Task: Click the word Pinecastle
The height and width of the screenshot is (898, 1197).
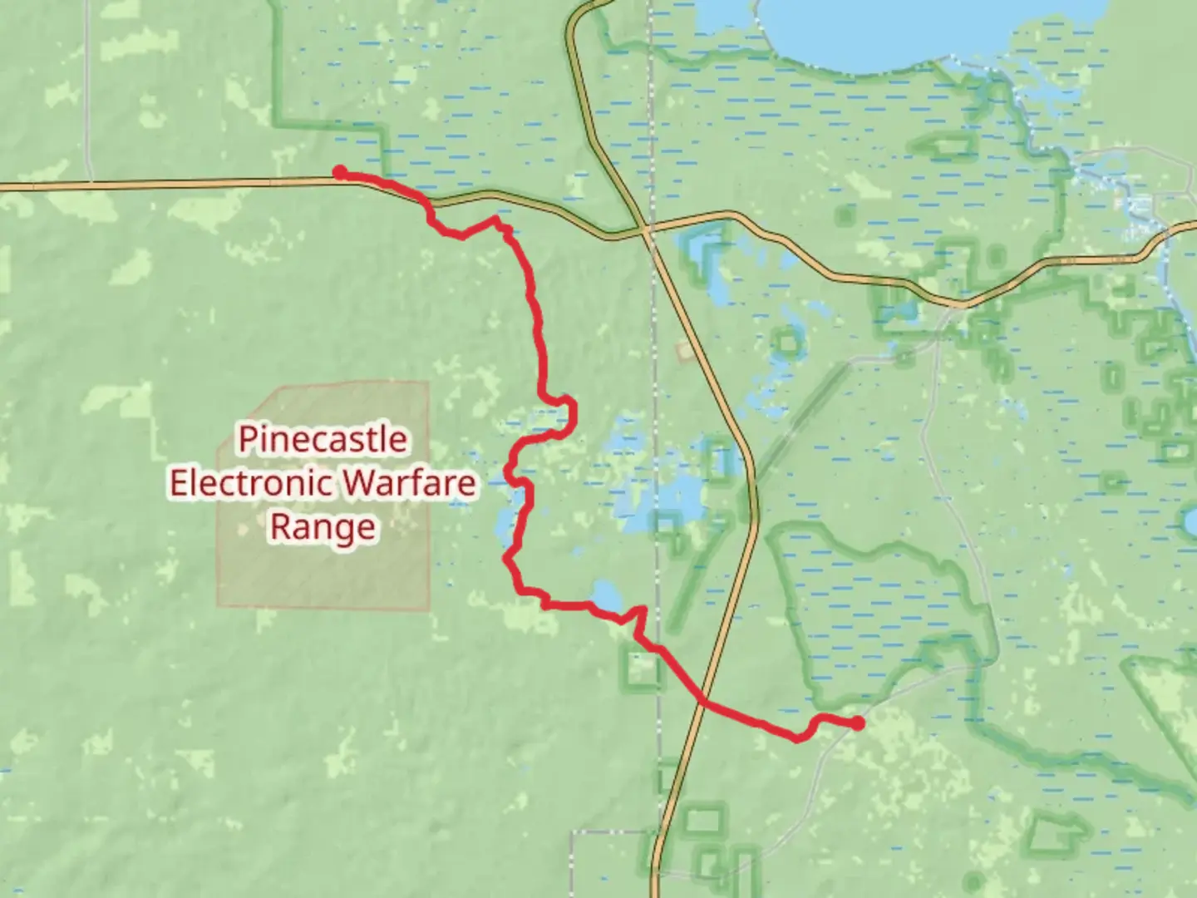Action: pyautogui.click(x=323, y=439)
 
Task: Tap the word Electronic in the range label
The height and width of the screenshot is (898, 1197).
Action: pyautogui.click(x=254, y=483)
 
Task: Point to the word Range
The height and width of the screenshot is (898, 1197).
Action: pyautogui.click(x=323, y=527)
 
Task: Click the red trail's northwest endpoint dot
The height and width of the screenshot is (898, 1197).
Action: pyautogui.click(x=340, y=172)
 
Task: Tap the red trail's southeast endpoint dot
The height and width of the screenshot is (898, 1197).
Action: pyautogui.click(x=857, y=723)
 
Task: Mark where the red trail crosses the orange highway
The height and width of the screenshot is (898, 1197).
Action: pyautogui.click(x=703, y=703)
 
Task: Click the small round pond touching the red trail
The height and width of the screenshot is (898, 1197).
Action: pyautogui.click(x=606, y=595)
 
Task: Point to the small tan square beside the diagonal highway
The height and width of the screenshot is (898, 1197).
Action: pyautogui.click(x=684, y=351)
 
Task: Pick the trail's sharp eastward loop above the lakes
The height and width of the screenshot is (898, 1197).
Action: pyautogui.click(x=568, y=410)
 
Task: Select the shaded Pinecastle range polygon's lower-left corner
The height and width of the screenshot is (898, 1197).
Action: pyautogui.click(x=219, y=604)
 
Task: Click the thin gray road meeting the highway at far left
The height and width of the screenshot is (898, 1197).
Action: pyautogui.click(x=89, y=182)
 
